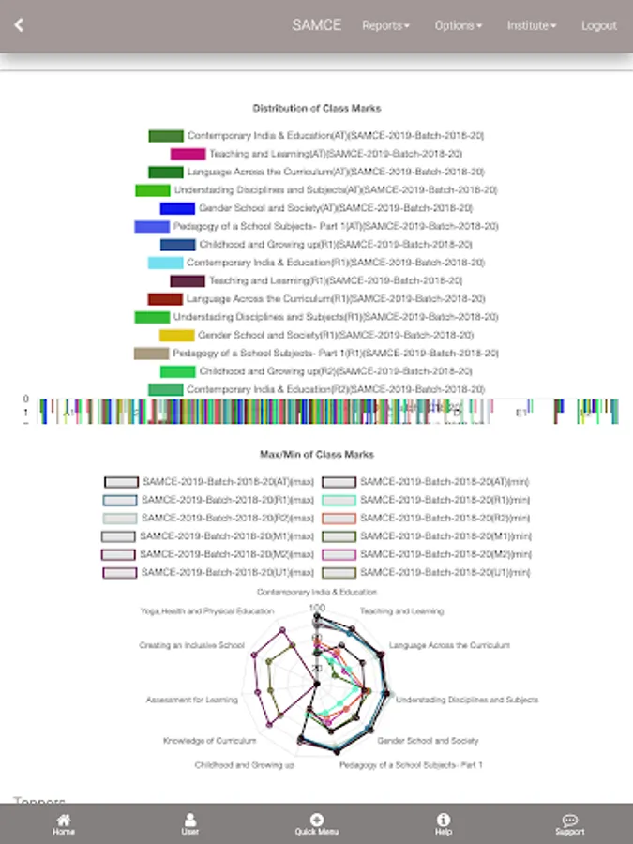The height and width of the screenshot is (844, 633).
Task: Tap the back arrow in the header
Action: point(19,25)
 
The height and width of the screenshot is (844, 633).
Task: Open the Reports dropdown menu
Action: point(385,25)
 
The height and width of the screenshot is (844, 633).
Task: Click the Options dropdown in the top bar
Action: point(458,25)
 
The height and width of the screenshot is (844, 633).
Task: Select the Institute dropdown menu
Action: point(531,25)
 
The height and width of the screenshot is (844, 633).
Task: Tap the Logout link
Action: point(598,25)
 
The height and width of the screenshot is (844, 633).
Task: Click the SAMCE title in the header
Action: point(316,25)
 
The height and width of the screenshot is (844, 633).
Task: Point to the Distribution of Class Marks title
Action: point(317,109)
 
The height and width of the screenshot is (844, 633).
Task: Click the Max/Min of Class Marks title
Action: point(317,454)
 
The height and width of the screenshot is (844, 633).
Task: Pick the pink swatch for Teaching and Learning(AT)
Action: point(188,154)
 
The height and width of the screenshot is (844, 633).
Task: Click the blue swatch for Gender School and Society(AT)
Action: point(177,208)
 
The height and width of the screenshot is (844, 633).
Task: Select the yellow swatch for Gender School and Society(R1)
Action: point(176,335)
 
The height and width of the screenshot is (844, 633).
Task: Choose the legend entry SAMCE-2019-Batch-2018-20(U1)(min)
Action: point(429,572)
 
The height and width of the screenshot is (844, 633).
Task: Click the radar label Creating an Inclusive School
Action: point(191,646)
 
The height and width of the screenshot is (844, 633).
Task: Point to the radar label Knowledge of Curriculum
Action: point(209,741)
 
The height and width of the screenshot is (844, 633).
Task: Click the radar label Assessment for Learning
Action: point(191,700)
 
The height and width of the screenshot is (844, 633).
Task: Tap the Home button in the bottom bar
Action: point(64,824)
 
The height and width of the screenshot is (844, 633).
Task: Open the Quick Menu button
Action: point(316,824)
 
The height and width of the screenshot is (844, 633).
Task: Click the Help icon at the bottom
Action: point(444,824)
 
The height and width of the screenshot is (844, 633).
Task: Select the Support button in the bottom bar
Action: point(569,824)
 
